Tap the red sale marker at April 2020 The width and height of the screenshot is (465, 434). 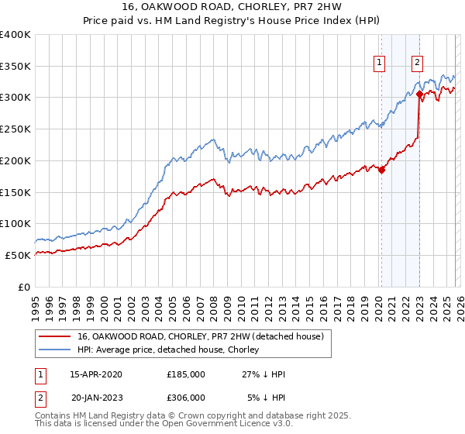[381, 170]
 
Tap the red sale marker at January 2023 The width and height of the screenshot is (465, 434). [419, 95]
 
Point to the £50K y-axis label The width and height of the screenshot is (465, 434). [17, 255]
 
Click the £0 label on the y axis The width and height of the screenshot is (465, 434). [23, 287]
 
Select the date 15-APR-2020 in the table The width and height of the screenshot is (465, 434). [96, 374]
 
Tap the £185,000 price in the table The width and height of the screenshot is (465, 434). [186, 374]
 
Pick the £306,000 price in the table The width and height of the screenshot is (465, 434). [186, 398]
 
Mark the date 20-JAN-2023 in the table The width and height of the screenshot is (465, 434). [96, 398]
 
